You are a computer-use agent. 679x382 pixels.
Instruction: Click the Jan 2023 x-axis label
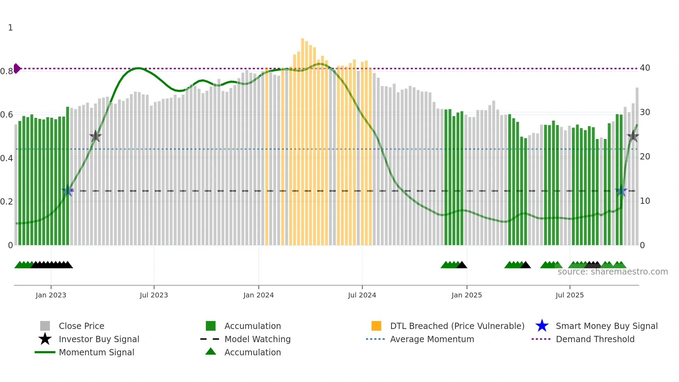(x=51, y=295)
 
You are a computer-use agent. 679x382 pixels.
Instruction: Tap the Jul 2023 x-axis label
(x=154, y=295)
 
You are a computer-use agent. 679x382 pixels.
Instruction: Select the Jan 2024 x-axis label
(x=258, y=295)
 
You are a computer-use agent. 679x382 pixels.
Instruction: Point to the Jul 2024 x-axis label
(x=362, y=295)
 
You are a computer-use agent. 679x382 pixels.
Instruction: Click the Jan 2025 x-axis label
(x=467, y=295)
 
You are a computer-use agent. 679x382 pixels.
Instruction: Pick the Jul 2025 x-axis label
(x=570, y=295)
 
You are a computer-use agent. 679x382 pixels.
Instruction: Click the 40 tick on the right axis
(x=645, y=68)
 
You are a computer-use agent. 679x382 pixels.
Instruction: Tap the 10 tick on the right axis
(x=645, y=201)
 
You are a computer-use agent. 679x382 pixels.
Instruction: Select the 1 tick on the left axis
(x=10, y=28)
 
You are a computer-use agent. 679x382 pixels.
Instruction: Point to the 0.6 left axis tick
(x=7, y=115)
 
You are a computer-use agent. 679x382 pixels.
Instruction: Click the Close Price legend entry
(x=81, y=326)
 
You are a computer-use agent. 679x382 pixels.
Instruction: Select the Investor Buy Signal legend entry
(x=99, y=339)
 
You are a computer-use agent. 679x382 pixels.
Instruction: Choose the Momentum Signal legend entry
(x=96, y=352)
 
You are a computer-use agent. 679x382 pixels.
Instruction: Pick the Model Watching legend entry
(x=257, y=339)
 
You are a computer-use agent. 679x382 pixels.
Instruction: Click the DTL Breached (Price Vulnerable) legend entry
(x=457, y=326)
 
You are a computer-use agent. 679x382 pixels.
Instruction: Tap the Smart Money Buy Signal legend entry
(x=606, y=326)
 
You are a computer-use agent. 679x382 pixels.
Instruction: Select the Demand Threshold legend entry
(x=595, y=339)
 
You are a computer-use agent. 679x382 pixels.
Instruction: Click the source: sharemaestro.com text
(x=612, y=272)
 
